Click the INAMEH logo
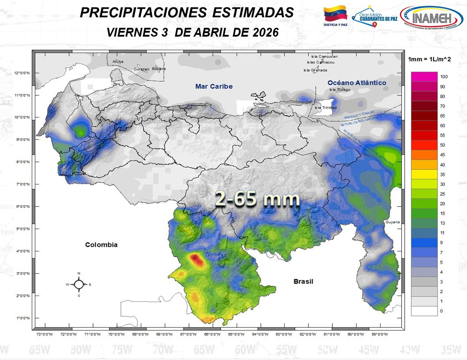click(x=431, y=18)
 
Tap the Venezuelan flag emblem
click(x=335, y=15)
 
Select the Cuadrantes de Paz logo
click(x=375, y=18)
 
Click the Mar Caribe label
click(x=214, y=86)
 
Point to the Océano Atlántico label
click(x=357, y=83)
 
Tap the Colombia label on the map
click(x=101, y=244)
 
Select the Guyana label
click(x=392, y=222)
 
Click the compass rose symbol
click(x=79, y=285)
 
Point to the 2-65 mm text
click(x=257, y=199)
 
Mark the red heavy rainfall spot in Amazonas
click(x=196, y=261)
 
